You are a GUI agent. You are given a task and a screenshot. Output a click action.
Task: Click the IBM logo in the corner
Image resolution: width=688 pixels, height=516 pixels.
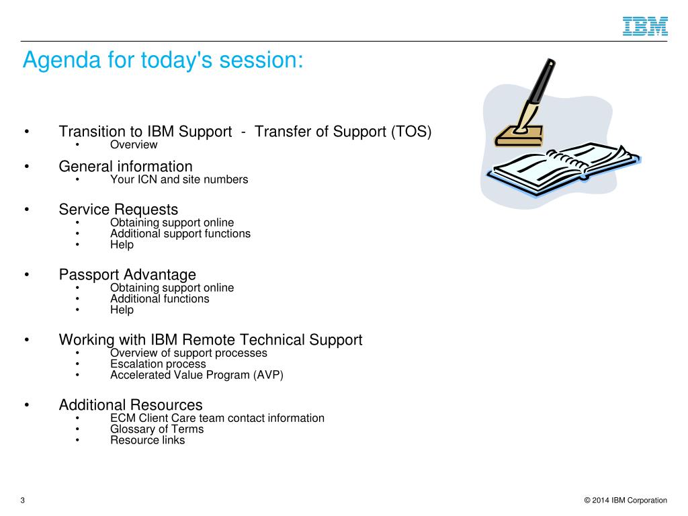click(645, 26)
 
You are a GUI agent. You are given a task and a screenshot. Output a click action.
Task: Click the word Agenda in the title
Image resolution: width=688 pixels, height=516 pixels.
click(62, 60)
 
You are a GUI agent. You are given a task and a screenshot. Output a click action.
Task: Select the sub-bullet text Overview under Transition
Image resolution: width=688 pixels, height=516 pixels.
click(134, 145)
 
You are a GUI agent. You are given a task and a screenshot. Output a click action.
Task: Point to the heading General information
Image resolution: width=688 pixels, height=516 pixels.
click(126, 167)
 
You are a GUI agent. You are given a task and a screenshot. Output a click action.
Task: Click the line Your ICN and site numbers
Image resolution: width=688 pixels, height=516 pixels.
click(179, 179)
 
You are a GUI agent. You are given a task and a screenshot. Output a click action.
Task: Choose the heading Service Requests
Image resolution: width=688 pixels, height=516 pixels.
click(118, 210)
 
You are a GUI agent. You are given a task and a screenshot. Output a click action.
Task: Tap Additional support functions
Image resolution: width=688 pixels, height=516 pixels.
click(180, 233)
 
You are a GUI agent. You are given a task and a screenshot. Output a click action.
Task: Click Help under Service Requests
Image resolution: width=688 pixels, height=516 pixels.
click(122, 245)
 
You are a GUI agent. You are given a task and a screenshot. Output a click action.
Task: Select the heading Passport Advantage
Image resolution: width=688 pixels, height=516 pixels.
click(127, 275)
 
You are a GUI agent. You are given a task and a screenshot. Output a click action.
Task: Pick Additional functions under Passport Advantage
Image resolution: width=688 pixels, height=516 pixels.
click(160, 299)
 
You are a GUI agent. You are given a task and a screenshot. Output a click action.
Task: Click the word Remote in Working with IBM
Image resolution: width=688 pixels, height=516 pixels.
click(209, 339)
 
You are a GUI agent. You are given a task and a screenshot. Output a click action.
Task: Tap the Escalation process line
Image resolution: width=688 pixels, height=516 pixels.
click(158, 364)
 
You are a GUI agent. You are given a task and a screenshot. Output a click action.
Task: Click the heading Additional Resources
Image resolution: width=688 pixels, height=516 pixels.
click(131, 404)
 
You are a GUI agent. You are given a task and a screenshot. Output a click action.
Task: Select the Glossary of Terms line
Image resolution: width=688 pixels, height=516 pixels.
click(157, 429)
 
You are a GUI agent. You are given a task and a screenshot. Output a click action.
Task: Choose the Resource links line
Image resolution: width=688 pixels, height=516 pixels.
click(147, 440)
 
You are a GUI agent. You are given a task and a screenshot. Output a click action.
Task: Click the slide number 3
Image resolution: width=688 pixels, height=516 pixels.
click(22, 500)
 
